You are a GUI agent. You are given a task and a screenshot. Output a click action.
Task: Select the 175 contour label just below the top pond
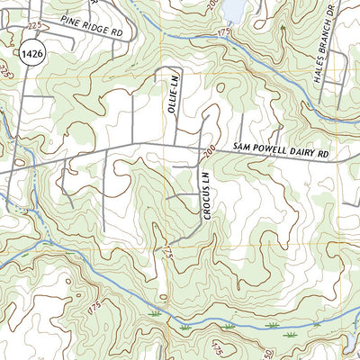pyautogui.click(x=225, y=32)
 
